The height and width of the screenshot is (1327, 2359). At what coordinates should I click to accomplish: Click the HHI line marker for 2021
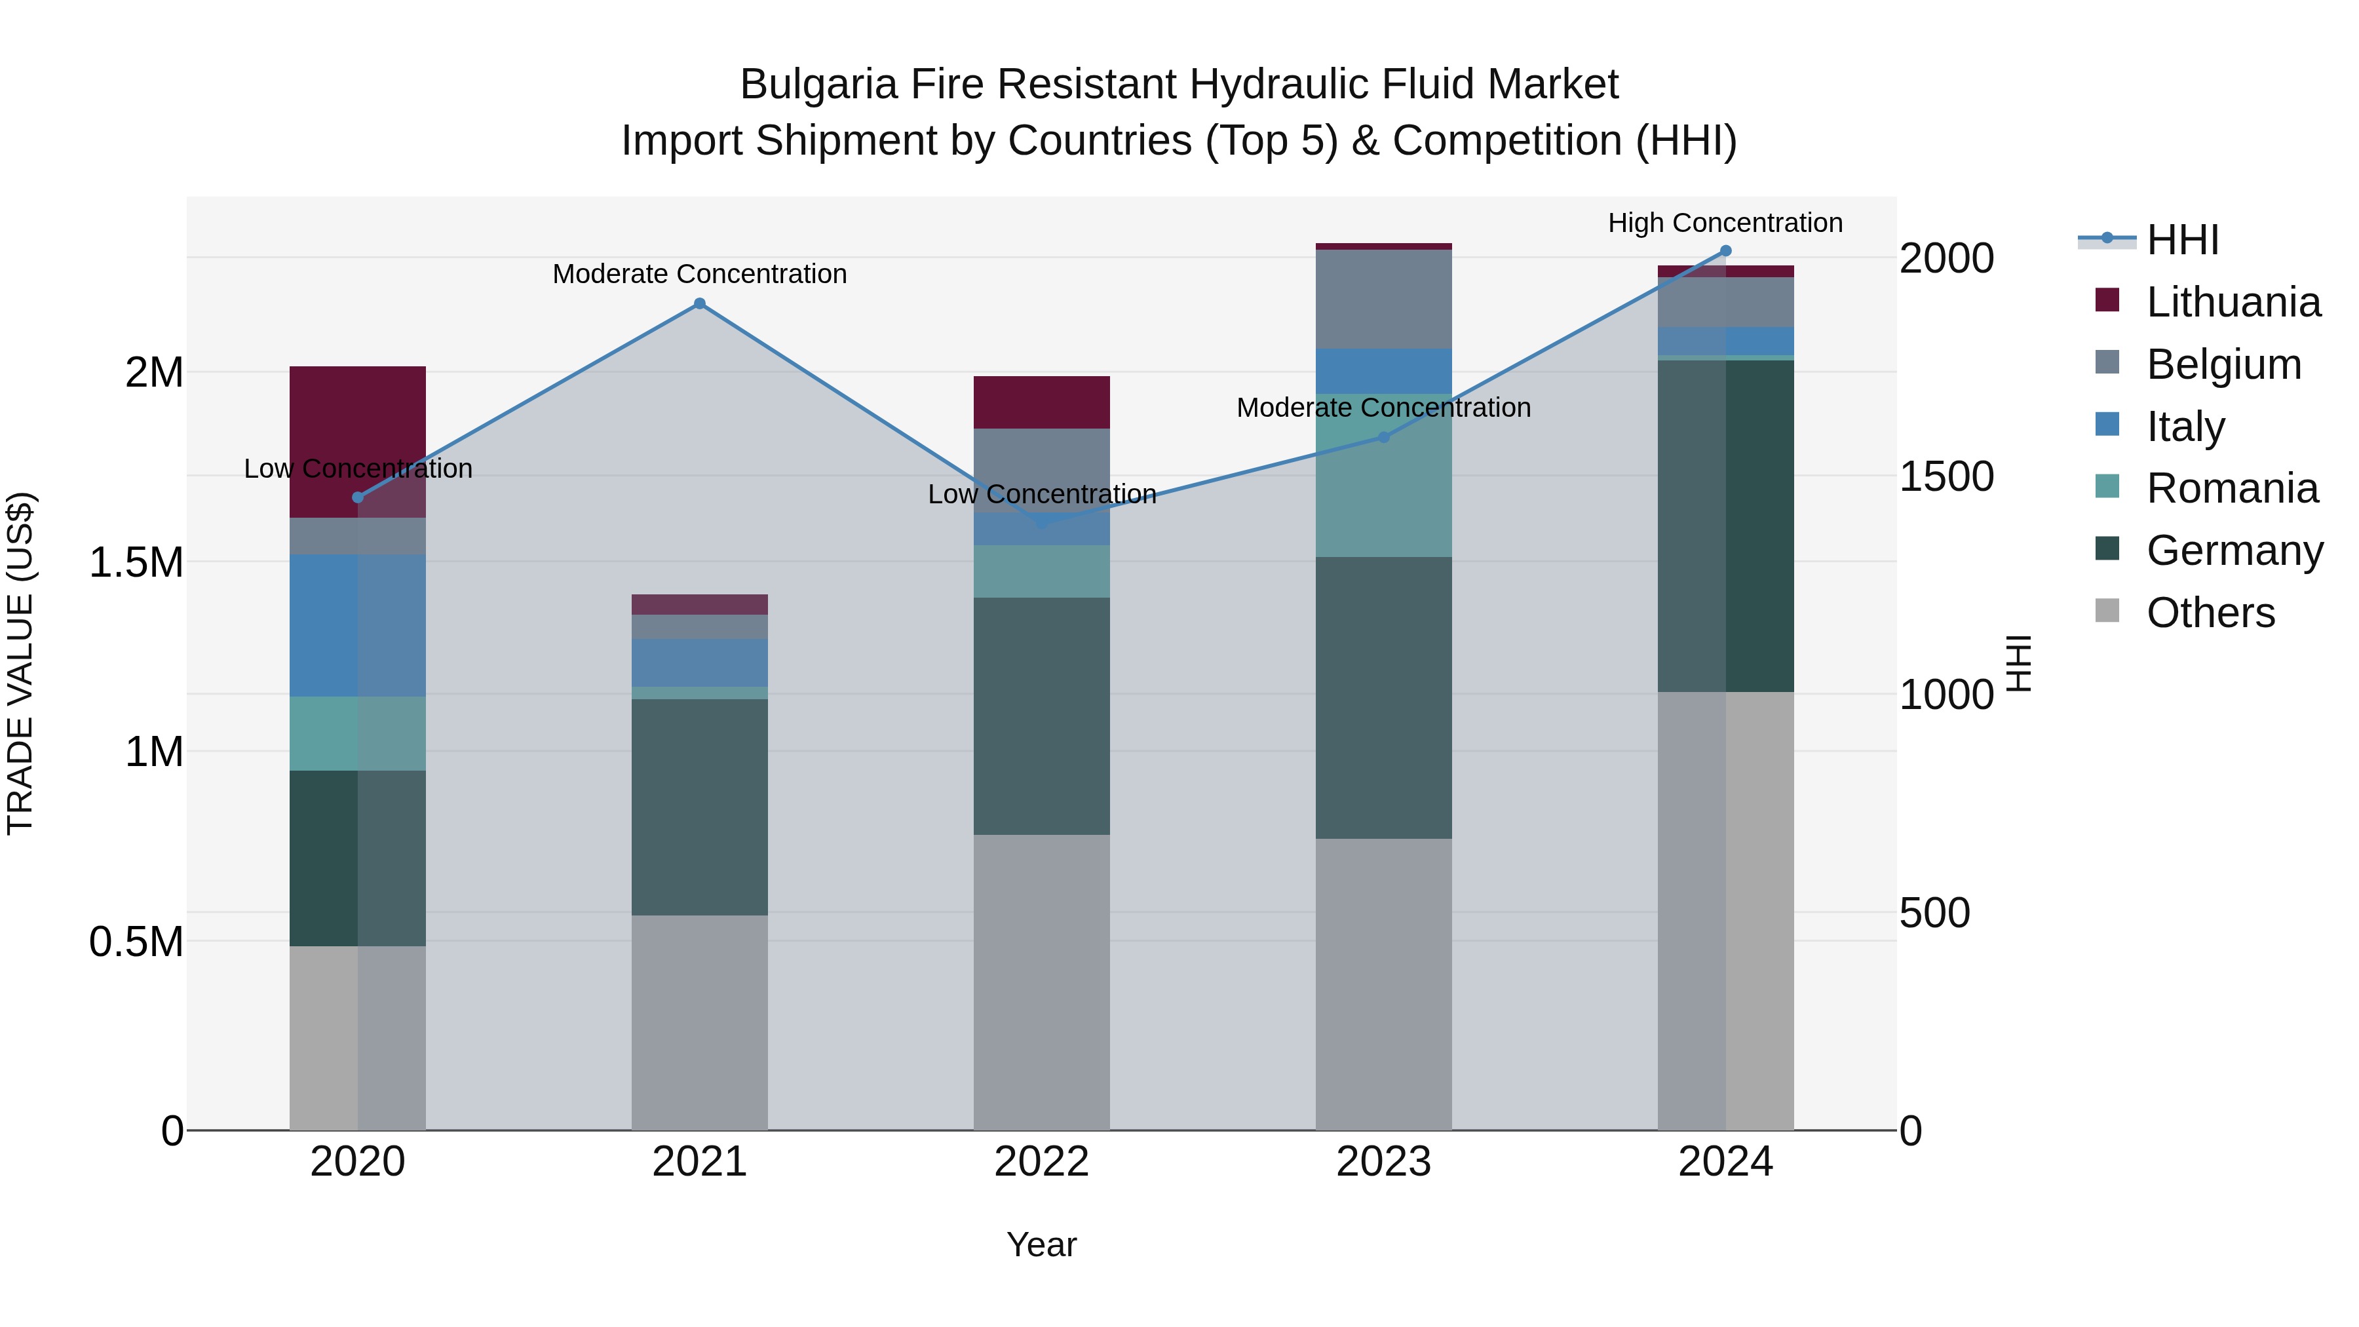[x=700, y=303]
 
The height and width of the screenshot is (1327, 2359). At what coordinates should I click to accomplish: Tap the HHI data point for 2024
[x=1725, y=250]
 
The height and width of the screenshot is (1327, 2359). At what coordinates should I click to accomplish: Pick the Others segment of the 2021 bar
[x=700, y=1022]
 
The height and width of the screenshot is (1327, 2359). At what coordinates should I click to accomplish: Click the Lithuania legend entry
[x=2233, y=302]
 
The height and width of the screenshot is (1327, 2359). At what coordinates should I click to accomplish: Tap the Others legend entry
[x=2210, y=613]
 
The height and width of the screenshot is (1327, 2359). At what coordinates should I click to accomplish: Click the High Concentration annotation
[x=1725, y=223]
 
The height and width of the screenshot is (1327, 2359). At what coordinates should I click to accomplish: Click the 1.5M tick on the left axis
[x=136, y=562]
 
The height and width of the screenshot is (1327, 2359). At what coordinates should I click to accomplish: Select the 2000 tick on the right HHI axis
[x=1946, y=258]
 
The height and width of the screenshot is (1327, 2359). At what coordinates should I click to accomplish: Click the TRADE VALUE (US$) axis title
[x=20, y=663]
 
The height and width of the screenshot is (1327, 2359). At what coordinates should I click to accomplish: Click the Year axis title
[x=1041, y=1244]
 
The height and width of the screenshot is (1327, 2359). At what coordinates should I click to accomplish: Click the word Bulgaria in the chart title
[x=818, y=85]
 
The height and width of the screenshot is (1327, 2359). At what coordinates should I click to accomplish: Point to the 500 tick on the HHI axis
[x=1934, y=913]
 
